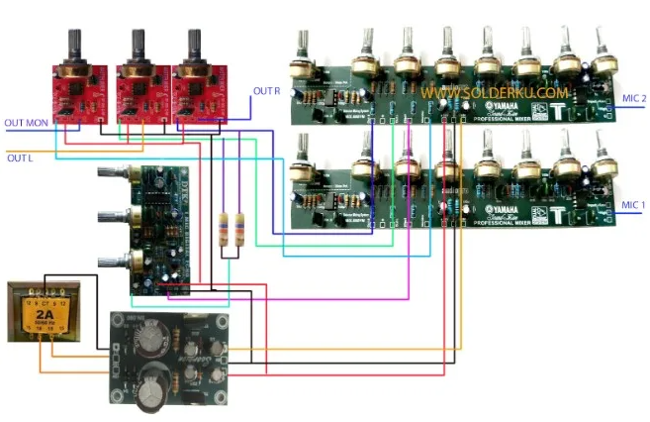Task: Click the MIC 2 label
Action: click(631, 99)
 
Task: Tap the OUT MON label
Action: click(27, 124)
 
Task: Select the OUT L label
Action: click(20, 158)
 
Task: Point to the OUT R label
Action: click(266, 91)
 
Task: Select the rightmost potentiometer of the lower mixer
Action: click(599, 170)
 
